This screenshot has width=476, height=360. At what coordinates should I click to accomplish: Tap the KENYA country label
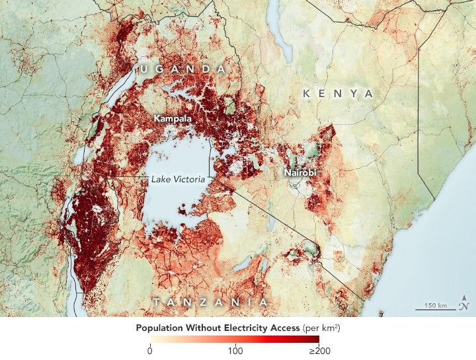pyautogui.click(x=338, y=94)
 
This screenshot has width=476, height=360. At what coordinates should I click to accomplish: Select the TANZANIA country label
pyautogui.click(x=210, y=302)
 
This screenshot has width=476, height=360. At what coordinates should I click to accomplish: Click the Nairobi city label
pyautogui.click(x=301, y=172)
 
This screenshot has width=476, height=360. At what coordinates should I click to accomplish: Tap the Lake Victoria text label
pyautogui.click(x=178, y=179)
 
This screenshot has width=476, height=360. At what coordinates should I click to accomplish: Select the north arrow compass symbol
pyautogui.click(x=465, y=301)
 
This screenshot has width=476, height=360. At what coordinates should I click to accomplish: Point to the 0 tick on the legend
pyautogui.click(x=151, y=351)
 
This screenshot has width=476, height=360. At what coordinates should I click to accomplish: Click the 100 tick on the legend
pyautogui.click(x=235, y=351)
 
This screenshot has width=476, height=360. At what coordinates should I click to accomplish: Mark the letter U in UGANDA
pyautogui.click(x=143, y=69)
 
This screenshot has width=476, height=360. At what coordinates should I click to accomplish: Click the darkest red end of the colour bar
pyautogui.click(x=317, y=340)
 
